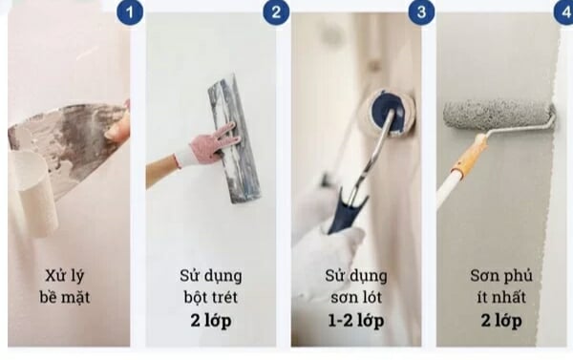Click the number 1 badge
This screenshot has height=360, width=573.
pyautogui.click(x=130, y=12)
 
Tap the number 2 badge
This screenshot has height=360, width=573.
pyautogui.click(x=276, y=12)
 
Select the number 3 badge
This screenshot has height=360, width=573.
pyautogui.click(x=420, y=12)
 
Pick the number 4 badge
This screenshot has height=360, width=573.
pyautogui.click(x=562, y=12)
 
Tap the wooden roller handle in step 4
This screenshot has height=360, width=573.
pyautogui.click(x=469, y=157)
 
